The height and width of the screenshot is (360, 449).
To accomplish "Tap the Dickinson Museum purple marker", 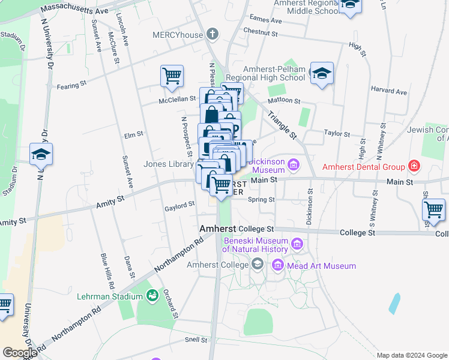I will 294,164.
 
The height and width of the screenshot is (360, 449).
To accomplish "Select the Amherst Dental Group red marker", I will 414,166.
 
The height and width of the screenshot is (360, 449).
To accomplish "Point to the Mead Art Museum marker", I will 277,265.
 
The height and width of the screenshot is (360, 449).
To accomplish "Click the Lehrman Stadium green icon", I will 152,296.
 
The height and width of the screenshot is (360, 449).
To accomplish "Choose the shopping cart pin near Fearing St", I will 172,76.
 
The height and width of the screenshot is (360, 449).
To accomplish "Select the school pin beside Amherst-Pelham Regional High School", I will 322,74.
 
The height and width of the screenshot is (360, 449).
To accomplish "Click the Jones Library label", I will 168,164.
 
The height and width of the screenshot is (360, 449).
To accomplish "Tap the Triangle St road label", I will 282,124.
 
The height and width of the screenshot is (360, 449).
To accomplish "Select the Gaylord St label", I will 179,205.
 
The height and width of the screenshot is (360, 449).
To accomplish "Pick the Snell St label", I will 196,339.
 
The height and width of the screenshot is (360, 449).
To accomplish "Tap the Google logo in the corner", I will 19,353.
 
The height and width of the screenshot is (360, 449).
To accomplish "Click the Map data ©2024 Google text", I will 411,355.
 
